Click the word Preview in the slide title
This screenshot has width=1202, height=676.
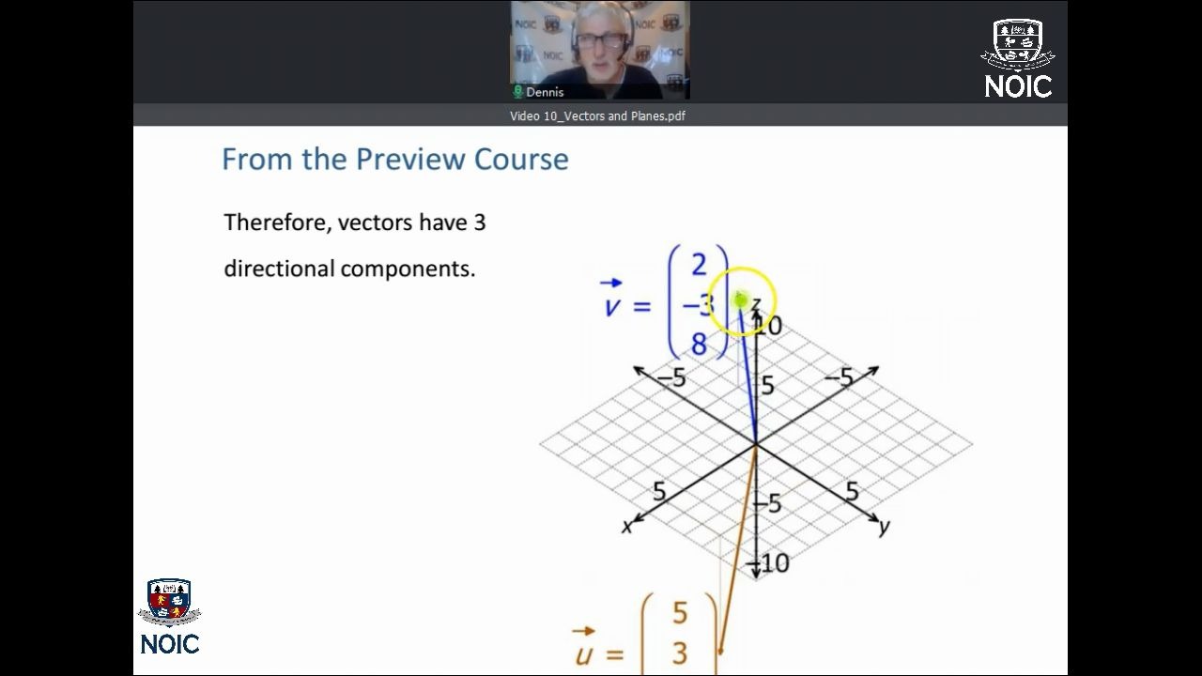(x=410, y=160)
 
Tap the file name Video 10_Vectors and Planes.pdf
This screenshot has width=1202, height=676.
(x=597, y=115)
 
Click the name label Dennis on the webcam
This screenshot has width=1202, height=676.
(x=545, y=92)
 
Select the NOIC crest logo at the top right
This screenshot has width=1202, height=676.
(x=1017, y=59)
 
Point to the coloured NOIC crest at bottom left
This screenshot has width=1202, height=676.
(x=170, y=602)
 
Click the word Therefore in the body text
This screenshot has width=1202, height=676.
(x=277, y=223)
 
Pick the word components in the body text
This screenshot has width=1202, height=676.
(x=408, y=269)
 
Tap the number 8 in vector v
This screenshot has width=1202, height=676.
(x=699, y=344)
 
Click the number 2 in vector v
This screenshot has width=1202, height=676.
(x=699, y=265)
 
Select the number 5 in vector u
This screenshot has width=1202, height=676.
(x=680, y=613)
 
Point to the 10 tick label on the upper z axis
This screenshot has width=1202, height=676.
(x=770, y=326)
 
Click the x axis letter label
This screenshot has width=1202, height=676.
(x=626, y=527)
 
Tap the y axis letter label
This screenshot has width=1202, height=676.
(x=885, y=527)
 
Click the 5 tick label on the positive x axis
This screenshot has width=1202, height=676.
(x=659, y=491)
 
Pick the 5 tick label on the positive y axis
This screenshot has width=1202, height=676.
(x=852, y=491)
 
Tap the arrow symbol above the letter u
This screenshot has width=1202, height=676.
(x=583, y=631)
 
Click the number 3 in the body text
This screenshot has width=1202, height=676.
(x=479, y=223)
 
